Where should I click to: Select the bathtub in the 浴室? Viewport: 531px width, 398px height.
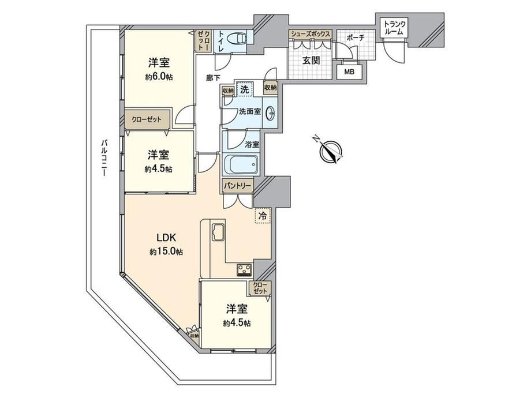241,164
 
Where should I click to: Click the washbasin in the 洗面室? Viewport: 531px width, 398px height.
271,112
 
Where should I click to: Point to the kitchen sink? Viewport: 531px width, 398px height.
218,232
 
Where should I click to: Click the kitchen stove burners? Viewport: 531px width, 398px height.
245,269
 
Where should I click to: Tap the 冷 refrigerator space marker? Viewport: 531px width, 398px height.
263,216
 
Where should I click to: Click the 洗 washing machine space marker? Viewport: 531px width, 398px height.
245,89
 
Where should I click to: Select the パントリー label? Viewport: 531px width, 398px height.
237,186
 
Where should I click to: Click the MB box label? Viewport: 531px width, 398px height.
349,72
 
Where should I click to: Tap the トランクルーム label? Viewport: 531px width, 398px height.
394,28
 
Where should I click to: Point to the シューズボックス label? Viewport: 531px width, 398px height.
310,34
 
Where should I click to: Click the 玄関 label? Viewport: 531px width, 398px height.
311,61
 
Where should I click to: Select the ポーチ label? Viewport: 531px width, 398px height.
355,38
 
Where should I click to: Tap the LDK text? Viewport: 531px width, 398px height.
166,238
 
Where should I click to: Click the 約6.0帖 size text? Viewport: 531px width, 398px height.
159,77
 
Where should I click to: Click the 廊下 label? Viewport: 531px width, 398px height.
213,78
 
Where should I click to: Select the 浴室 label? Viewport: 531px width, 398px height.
252,145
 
